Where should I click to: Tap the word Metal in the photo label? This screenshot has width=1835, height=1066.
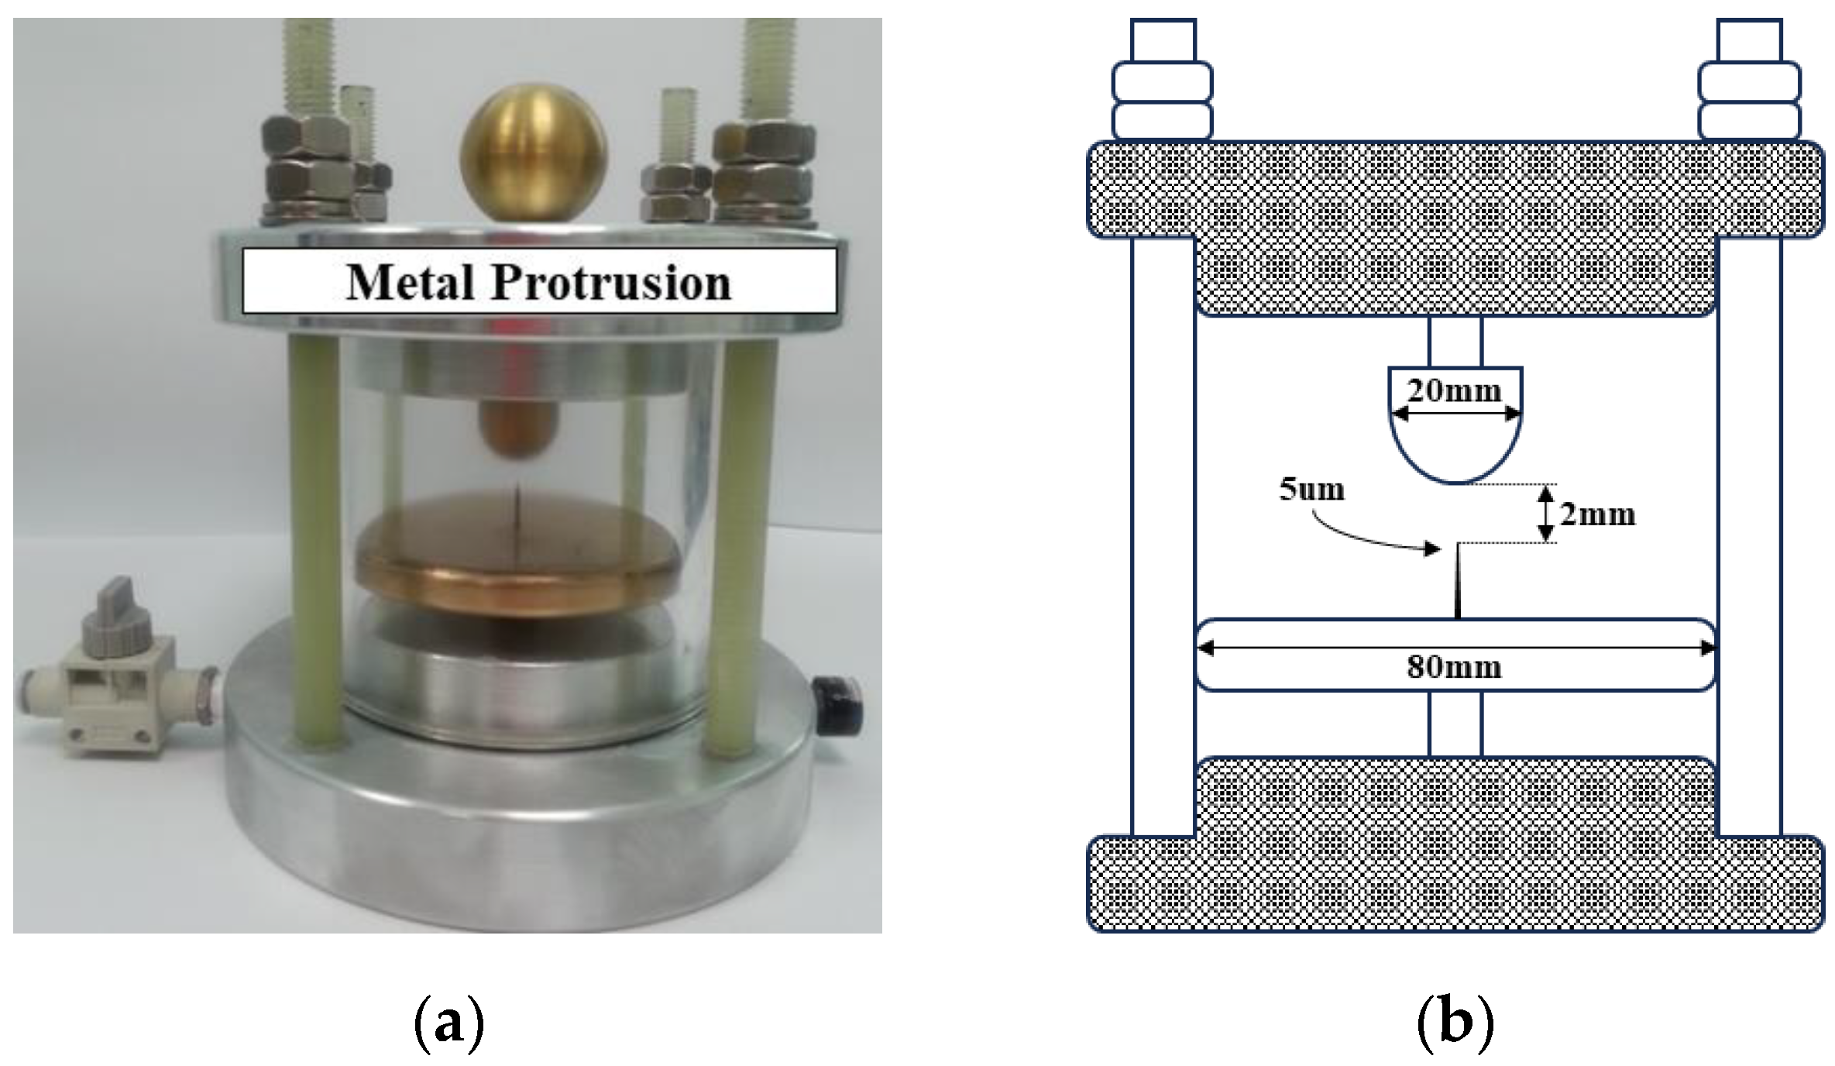point(410,282)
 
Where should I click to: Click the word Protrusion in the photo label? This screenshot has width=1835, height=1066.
point(611,282)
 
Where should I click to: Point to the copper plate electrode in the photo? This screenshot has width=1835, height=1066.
point(517,573)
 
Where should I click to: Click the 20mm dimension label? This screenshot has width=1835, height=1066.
point(1454,390)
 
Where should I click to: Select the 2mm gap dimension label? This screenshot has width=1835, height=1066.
point(1597,514)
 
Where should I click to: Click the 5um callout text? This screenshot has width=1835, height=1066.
point(1311,490)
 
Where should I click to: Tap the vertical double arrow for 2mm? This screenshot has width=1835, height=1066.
point(1546,513)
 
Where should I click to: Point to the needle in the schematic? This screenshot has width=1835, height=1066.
point(1458,581)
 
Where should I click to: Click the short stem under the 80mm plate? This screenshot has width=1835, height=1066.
point(1455,724)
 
